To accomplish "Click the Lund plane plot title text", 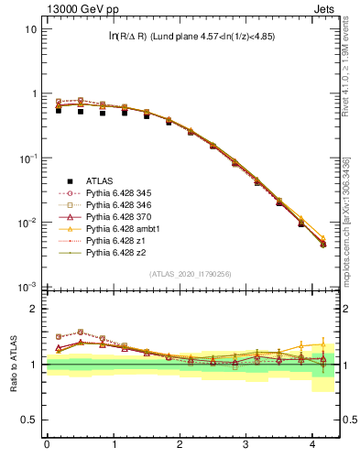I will coord(191,36).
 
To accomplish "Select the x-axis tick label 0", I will coord(46,445).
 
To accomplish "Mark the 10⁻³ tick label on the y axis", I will coord(28,287).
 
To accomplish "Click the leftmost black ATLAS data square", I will coord(59,109).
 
